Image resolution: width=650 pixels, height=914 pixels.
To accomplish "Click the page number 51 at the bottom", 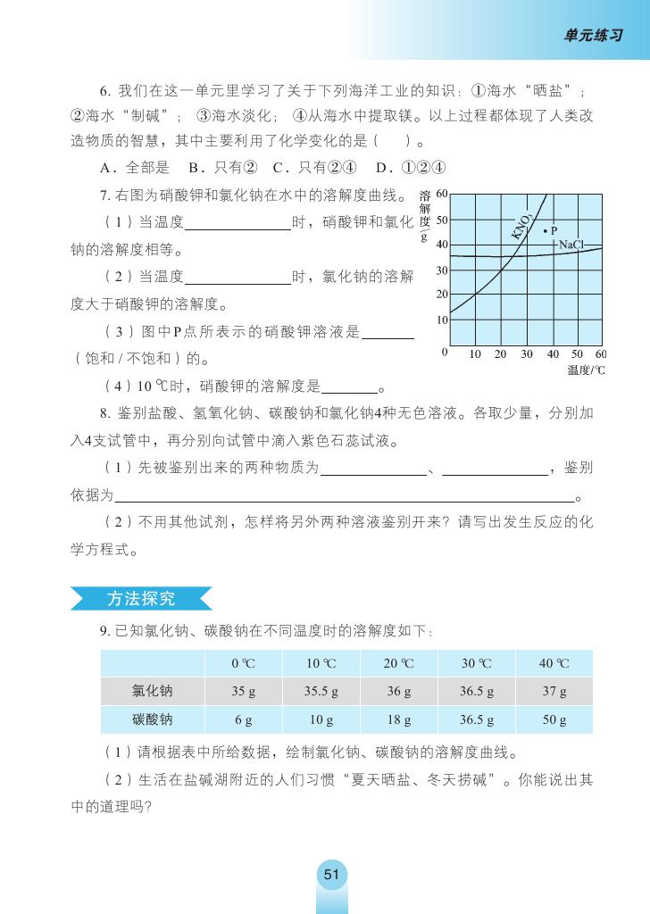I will tap(331, 875).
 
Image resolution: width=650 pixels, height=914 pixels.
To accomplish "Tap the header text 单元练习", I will tap(593, 35).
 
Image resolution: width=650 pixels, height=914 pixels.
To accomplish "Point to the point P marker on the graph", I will tap(545, 230).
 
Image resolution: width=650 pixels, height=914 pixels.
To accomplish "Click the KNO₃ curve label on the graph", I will tap(522, 226).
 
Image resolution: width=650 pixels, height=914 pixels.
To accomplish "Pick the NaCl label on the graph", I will tap(571, 244).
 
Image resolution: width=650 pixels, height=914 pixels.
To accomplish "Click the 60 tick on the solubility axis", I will tap(441, 195).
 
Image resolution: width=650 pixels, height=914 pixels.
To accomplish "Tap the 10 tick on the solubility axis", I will tap(441, 320).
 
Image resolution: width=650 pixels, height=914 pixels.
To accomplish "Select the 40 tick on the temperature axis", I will tap(553, 354).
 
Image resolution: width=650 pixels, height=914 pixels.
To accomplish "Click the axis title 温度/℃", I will tap(586, 370).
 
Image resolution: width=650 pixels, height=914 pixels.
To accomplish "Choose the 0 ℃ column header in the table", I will tap(243, 664).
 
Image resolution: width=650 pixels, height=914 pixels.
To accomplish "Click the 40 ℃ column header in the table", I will tap(554, 664).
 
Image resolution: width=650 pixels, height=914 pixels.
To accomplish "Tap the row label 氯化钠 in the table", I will tap(153, 692).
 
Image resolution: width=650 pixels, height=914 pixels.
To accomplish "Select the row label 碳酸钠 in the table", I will tap(153, 719).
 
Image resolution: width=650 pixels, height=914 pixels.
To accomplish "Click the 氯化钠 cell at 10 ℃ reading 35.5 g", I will tap(321, 692).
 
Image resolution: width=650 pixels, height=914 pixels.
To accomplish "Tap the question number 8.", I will tap(104, 412).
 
